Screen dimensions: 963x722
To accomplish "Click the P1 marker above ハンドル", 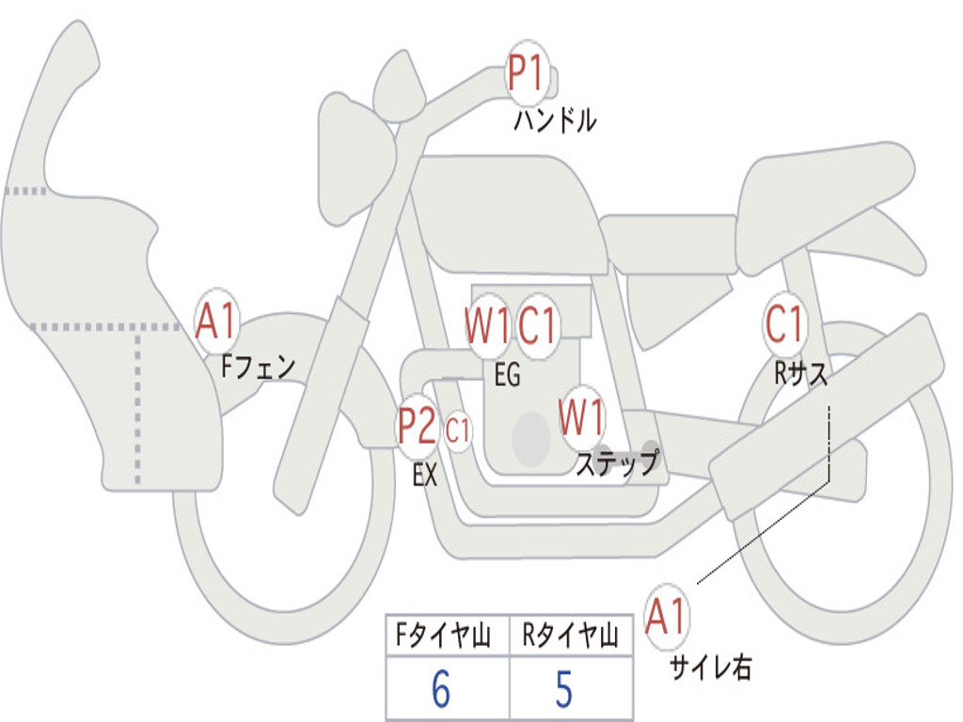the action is [x=528, y=73].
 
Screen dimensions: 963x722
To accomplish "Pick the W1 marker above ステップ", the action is [x=582, y=417].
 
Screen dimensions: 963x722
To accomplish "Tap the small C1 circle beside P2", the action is [x=458, y=432].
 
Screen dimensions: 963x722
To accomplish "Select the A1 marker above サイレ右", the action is [x=668, y=618].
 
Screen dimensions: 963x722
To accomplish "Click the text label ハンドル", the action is [x=555, y=120].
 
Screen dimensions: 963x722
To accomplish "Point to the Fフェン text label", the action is [x=258, y=366].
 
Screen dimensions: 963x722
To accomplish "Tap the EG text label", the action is [x=507, y=375].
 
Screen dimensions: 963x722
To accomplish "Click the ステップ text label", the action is [x=617, y=463].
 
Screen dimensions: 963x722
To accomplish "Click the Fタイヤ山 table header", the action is [x=447, y=636].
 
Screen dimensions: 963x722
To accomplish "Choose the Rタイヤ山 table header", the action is [x=570, y=636].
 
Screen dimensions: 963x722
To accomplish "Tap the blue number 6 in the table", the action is [x=440, y=690].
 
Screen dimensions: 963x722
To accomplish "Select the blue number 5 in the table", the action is [x=563, y=690].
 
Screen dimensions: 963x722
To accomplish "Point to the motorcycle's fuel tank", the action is [x=508, y=212].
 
